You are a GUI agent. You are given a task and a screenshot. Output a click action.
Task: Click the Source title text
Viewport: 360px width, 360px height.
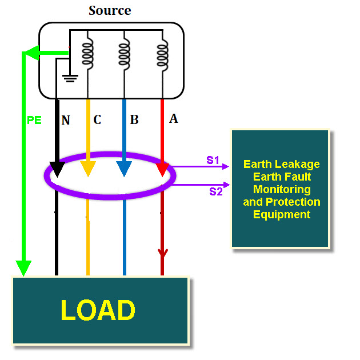[x=110, y=10]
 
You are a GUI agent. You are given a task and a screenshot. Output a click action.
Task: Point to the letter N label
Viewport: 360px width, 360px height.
[x=66, y=120]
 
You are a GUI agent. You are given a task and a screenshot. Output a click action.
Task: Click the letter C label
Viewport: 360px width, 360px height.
[x=97, y=120]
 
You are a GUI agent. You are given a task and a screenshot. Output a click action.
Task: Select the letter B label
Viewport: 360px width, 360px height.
[x=134, y=120]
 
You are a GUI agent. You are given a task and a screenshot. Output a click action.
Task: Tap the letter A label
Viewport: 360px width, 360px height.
[x=174, y=119]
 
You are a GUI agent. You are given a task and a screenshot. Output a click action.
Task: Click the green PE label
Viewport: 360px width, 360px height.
[x=34, y=121]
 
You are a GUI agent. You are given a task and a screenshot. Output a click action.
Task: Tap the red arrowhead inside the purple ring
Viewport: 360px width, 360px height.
[x=162, y=170]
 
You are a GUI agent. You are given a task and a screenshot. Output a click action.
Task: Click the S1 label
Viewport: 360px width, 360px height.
[x=213, y=160]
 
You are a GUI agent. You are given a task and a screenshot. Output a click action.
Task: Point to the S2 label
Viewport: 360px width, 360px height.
[x=215, y=191]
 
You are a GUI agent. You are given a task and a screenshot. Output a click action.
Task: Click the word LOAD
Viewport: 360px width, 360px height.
[x=98, y=310]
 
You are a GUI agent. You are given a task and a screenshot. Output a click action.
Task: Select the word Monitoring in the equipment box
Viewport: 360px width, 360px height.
[x=282, y=189]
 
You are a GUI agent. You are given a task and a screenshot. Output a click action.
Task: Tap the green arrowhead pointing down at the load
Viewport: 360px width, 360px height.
[x=23, y=267]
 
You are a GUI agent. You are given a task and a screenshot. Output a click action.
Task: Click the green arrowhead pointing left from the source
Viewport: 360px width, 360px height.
[x=30, y=54]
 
